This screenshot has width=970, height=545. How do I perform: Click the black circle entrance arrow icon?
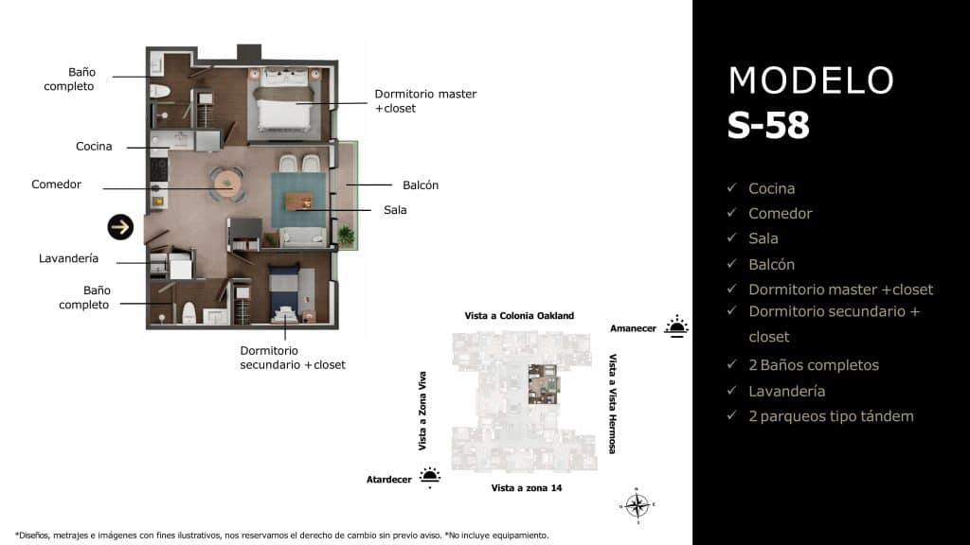coord(120,226)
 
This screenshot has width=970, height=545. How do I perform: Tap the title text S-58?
coord(768,126)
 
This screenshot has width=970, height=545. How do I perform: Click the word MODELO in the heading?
coord(811,81)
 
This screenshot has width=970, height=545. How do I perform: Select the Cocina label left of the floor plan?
coord(94,147)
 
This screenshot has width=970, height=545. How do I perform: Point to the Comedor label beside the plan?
coord(57,185)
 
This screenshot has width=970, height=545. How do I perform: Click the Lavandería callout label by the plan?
coord(68,258)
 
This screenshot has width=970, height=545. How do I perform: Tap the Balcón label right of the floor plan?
coord(421,185)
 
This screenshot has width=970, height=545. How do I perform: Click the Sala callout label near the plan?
coord(395,210)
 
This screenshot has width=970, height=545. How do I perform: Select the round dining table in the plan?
coord(226,182)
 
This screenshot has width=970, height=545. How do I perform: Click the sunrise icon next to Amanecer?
coord(675,327)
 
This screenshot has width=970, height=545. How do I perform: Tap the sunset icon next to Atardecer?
coord(430,478)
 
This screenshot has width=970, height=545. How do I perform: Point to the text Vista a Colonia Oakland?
coord(519,316)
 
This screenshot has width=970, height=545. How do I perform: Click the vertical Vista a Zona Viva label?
coord(422,410)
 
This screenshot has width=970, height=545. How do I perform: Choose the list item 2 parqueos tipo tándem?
coord(831,416)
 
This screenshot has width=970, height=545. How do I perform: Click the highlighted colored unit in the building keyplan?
coord(544,383)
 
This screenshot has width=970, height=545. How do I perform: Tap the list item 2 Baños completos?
coord(813,365)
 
